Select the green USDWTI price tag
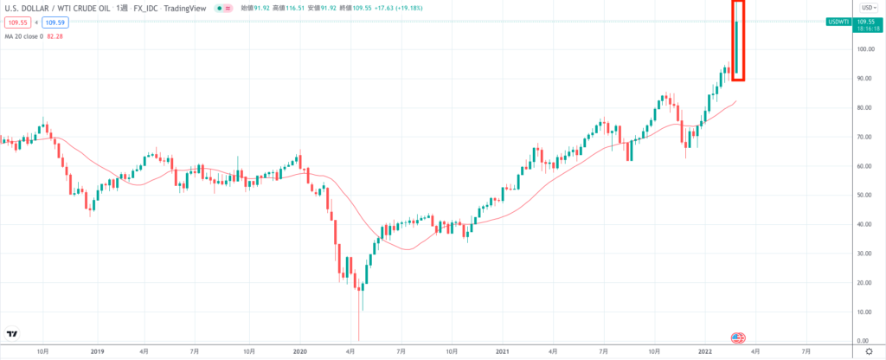click(x=838, y=21)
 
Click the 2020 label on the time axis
click(x=299, y=352)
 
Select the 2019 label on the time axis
click(x=96, y=352)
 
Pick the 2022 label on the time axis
click(x=705, y=352)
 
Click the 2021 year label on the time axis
click(x=503, y=352)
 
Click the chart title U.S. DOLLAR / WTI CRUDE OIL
click(x=59, y=6)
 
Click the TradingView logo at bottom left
click(x=12, y=334)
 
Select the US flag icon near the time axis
click(x=738, y=337)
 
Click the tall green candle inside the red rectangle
click(x=736, y=47)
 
